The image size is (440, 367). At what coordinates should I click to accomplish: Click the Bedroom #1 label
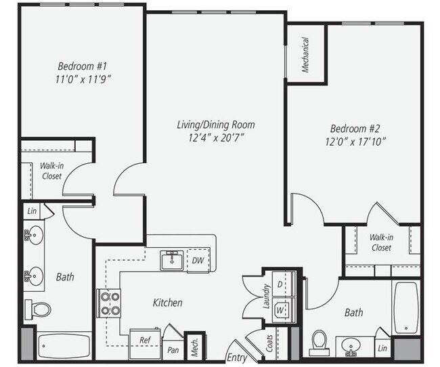(x=83, y=66)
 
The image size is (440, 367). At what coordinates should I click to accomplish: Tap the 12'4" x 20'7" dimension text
(x=216, y=138)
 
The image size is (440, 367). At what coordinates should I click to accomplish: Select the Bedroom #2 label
(x=355, y=129)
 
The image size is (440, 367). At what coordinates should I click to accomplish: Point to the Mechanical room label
(x=305, y=55)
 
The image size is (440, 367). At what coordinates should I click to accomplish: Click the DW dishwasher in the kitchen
(x=198, y=260)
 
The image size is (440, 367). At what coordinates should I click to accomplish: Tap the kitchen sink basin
(x=172, y=261)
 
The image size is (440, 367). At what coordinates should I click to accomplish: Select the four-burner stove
(x=109, y=303)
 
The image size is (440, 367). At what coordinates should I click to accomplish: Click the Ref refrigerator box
(x=145, y=344)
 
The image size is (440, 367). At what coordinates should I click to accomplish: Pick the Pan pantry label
(x=173, y=350)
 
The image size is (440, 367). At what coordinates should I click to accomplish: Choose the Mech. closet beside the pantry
(x=195, y=347)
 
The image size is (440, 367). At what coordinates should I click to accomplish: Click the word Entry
(x=237, y=358)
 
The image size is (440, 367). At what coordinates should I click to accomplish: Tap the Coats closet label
(x=269, y=343)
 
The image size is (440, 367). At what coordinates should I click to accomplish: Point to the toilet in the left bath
(x=38, y=309)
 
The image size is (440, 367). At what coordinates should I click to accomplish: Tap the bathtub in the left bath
(x=64, y=345)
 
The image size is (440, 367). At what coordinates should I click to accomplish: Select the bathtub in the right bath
(x=406, y=308)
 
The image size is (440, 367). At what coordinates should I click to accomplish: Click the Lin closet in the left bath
(x=32, y=211)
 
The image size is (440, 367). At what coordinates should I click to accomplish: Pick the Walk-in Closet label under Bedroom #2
(x=381, y=242)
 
